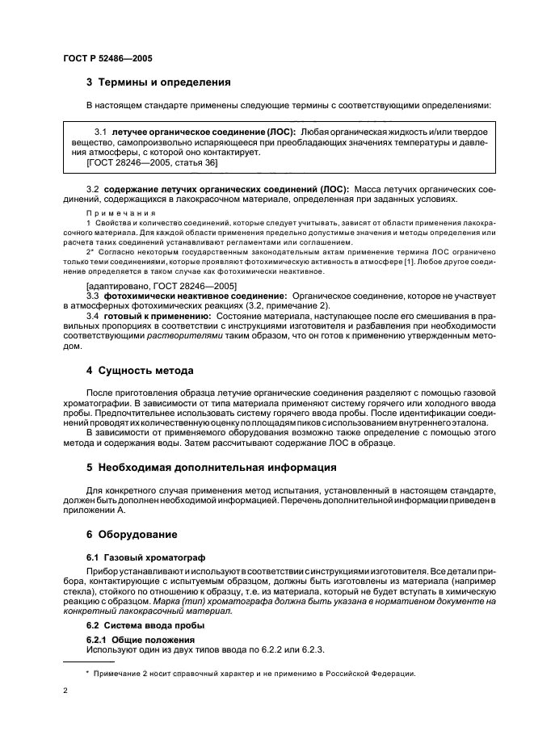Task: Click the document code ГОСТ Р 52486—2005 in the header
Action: [107, 60]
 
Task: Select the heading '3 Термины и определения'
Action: [158, 82]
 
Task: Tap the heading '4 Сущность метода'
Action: [139, 371]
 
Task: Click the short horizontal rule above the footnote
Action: [88, 661]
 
